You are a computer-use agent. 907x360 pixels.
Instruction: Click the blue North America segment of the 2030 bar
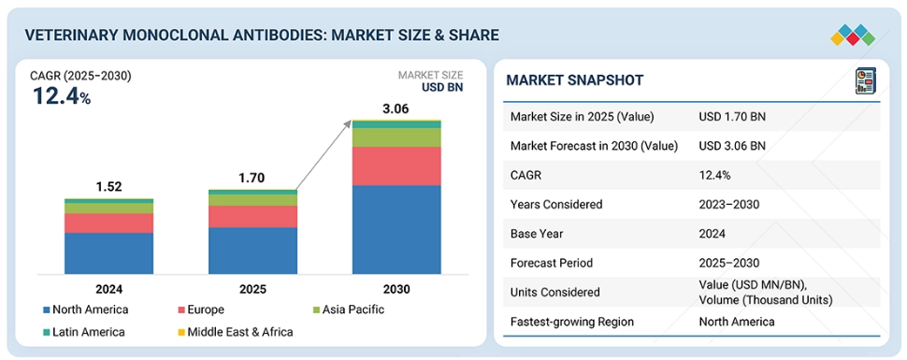point(396,229)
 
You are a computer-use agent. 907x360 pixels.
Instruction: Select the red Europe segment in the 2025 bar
point(252,216)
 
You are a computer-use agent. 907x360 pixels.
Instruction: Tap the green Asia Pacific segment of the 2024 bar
point(108,208)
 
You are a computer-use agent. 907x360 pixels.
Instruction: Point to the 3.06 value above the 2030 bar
point(396,108)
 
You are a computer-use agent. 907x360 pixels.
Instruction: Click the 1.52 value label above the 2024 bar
point(108,187)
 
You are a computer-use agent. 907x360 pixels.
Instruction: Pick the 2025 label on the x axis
point(252,289)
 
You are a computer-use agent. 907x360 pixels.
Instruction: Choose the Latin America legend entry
point(83,332)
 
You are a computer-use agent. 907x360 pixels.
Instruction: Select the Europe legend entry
point(201,310)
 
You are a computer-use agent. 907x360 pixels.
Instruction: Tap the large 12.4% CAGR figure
point(62,95)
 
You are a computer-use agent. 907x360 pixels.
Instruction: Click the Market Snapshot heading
point(574,80)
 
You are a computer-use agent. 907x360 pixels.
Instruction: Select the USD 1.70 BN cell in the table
point(732,117)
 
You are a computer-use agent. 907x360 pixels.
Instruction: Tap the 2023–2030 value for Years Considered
point(728,204)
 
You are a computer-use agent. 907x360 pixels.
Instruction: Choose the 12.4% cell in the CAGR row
point(714,176)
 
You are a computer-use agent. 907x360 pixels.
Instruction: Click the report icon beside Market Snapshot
point(865,80)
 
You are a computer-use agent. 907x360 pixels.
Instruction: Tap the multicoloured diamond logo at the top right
point(853,36)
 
